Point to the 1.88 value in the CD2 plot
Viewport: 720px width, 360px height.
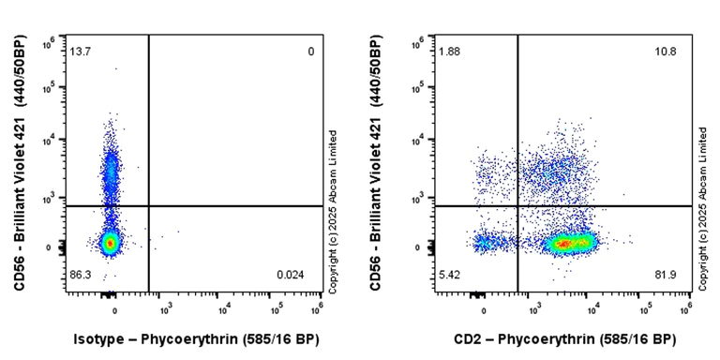click(x=449, y=51)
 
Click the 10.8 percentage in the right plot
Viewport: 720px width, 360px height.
click(x=666, y=51)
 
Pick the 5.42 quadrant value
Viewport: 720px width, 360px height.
click(x=449, y=274)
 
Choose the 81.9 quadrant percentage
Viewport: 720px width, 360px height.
click(x=666, y=274)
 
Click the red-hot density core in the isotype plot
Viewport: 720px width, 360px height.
click(x=110, y=243)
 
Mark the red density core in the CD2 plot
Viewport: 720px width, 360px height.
click(x=564, y=244)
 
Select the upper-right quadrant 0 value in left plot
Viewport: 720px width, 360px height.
click(x=311, y=51)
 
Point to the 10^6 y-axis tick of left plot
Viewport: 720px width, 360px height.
click(x=48, y=42)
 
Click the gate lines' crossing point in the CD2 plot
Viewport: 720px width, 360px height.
click(x=518, y=206)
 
